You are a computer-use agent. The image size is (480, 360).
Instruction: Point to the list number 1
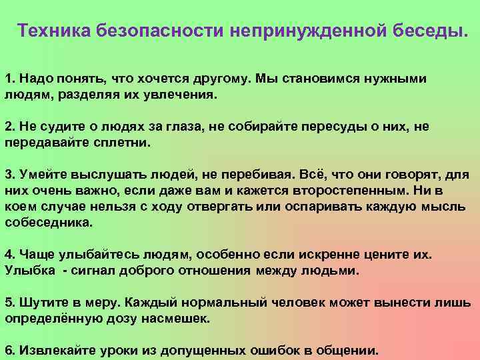(9, 79)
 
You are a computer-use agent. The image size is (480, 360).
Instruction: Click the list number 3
(9, 175)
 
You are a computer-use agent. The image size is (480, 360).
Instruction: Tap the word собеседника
(50, 223)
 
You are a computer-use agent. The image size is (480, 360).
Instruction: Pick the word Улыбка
(31, 271)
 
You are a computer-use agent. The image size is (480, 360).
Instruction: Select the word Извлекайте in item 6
(57, 351)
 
